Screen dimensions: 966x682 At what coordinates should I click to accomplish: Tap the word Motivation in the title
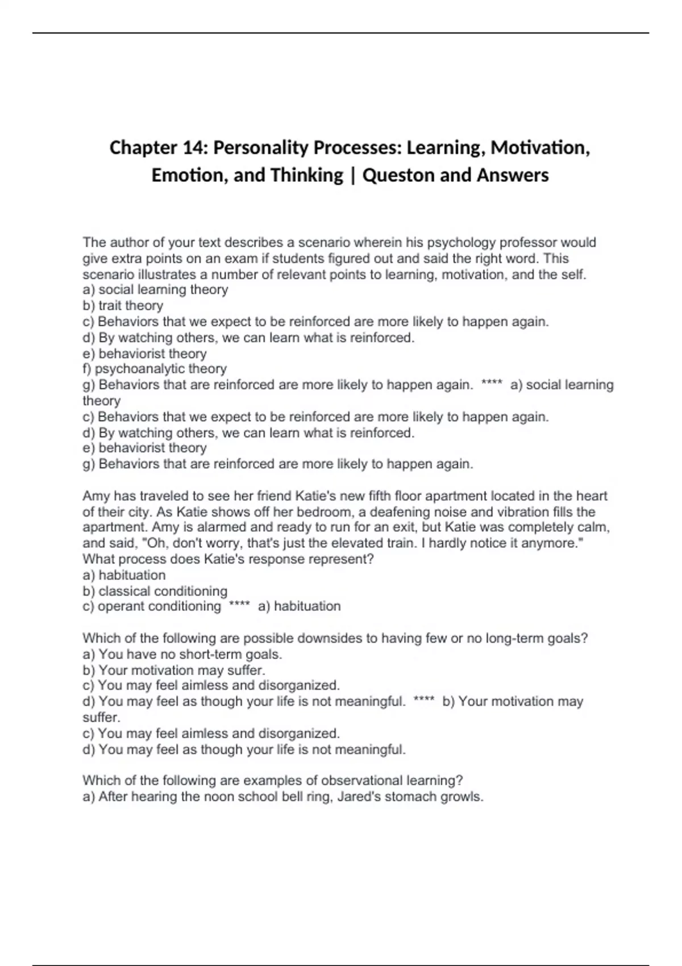[x=539, y=148]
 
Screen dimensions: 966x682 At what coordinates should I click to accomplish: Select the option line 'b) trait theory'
[x=123, y=306]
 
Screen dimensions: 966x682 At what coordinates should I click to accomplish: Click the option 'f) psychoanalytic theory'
[x=155, y=369]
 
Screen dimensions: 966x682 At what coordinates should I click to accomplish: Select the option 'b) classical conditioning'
[x=155, y=591]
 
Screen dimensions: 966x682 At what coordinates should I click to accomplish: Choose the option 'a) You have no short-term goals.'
[x=182, y=655]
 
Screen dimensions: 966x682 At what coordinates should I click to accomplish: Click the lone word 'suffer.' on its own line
[x=101, y=717]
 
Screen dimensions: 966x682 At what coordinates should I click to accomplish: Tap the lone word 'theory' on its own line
[x=101, y=401]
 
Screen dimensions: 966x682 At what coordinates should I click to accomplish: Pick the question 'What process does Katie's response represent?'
[x=228, y=559]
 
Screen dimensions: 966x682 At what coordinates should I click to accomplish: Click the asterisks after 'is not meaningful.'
[x=424, y=702]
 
